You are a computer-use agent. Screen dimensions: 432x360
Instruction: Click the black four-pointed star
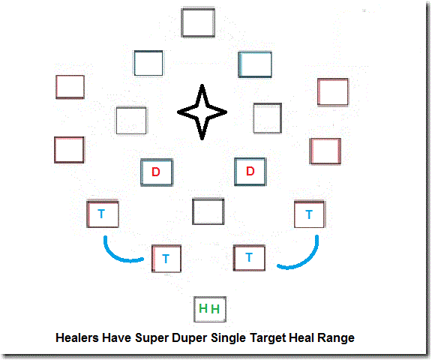(202, 112)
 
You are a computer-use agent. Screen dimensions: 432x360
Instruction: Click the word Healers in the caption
(77, 337)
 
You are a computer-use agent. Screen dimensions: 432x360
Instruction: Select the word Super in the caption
(151, 338)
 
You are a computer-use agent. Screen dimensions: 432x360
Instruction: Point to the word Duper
(190, 338)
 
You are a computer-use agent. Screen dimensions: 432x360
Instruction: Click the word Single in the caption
(229, 338)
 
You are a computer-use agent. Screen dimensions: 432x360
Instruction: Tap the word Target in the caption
(268, 338)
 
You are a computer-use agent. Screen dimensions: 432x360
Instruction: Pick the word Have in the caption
(116, 337)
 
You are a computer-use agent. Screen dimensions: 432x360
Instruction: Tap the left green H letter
(203, 308)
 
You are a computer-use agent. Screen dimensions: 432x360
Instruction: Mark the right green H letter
(215, 309)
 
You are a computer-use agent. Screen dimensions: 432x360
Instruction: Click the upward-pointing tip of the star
(202, 85)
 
